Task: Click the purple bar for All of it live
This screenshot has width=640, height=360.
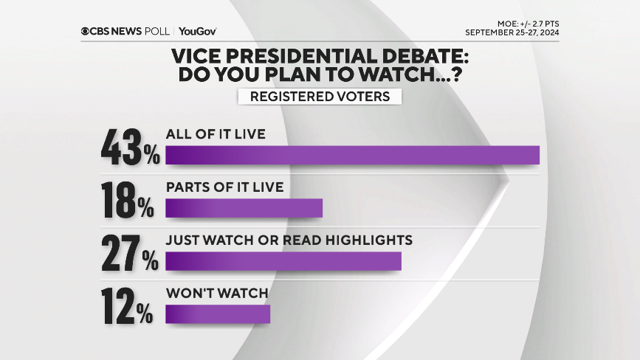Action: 352,155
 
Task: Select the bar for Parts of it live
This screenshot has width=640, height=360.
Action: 244,208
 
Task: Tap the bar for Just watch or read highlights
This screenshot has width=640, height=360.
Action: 283,261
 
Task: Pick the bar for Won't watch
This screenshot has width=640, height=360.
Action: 218,314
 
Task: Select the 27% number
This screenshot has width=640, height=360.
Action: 129,252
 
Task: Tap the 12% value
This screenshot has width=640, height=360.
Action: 129,305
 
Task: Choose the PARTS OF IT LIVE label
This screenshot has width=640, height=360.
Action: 224,187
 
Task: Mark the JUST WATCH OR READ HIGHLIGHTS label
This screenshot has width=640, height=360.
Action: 289,240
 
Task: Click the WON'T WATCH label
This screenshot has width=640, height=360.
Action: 216,294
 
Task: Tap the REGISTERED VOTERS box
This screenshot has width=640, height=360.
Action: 320,97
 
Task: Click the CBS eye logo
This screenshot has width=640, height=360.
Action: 86,31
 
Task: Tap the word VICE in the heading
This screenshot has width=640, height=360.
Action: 195,56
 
